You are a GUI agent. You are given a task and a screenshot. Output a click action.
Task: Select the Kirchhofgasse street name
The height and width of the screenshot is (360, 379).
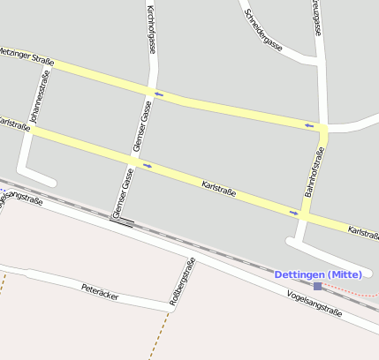point(151,29)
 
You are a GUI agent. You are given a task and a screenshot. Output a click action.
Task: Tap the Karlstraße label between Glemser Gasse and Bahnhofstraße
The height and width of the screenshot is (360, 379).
point(219,187)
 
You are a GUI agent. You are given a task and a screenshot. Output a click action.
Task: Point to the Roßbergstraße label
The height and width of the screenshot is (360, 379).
point(181,281)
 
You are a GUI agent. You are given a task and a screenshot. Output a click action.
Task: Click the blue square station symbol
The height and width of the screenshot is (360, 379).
point(318,286)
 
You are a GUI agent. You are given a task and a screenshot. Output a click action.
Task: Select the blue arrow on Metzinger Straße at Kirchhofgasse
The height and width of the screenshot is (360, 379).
point(159,94)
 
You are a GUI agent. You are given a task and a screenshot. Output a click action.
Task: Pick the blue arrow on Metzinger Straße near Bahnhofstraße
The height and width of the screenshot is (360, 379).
point(309,126)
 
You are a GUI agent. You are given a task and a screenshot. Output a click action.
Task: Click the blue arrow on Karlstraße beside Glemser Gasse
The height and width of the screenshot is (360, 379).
point(147,165)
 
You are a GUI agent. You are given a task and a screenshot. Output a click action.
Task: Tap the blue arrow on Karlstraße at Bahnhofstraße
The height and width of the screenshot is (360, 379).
point(293,212)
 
